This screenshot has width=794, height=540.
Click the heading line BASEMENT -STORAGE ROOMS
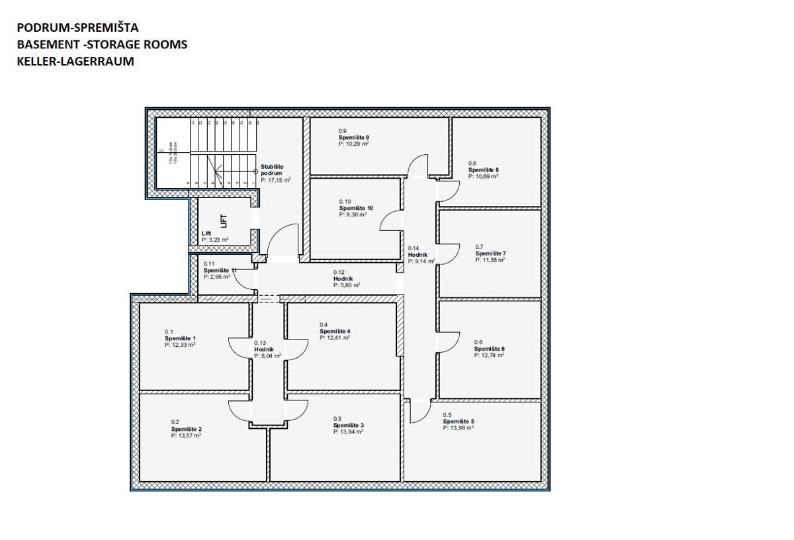point(103,44)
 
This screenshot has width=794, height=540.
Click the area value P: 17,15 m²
point(276,179)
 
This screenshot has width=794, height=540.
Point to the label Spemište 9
point(353,137)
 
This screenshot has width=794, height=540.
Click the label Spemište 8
point(483,169)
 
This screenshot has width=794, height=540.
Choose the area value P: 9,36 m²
point(353,214)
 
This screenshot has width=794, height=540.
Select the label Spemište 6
point(489,349)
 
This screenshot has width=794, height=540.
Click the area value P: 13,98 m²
point(458,427)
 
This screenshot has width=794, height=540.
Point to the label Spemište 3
point(348,426)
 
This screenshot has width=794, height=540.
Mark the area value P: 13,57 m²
point(186,435)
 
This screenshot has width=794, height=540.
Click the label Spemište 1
point(180,338)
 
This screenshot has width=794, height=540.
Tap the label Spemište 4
point(335,331)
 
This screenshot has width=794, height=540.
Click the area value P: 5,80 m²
point(347,285)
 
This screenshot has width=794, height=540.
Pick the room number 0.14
point(414,248)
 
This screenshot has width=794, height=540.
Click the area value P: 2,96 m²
point(217,277)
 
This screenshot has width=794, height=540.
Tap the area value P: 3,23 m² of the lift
point(215,240)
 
